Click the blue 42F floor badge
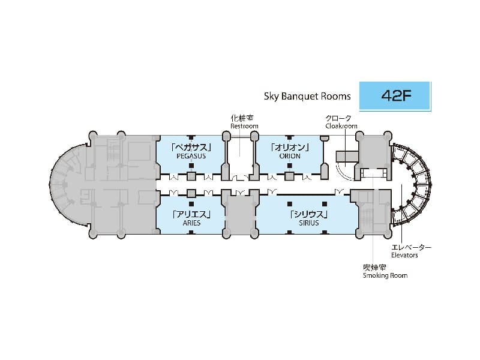(x=395, y=95)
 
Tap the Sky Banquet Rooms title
(x=307, y=96)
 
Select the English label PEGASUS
(x=191, y=156)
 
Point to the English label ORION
(x=290, y=156)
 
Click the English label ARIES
(x=191, y=223)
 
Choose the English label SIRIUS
(x=309, y=223)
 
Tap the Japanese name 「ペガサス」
(x=191, y=148)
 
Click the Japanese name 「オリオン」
(x=290, y=148)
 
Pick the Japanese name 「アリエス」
(x=191, y=214)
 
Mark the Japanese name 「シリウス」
(x=309, y=214)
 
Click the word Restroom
(x=244, y=126)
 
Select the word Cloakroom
(x=341, y=126)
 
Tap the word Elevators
(x=404, y=255)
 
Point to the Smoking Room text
(x=385, y=275)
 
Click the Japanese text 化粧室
(x=242, y=118)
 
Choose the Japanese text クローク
(x=338, y=118)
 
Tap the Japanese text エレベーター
(x=411, y=247)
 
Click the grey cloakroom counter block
(x=347, y=157)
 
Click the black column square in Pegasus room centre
(x=191, y=166)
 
